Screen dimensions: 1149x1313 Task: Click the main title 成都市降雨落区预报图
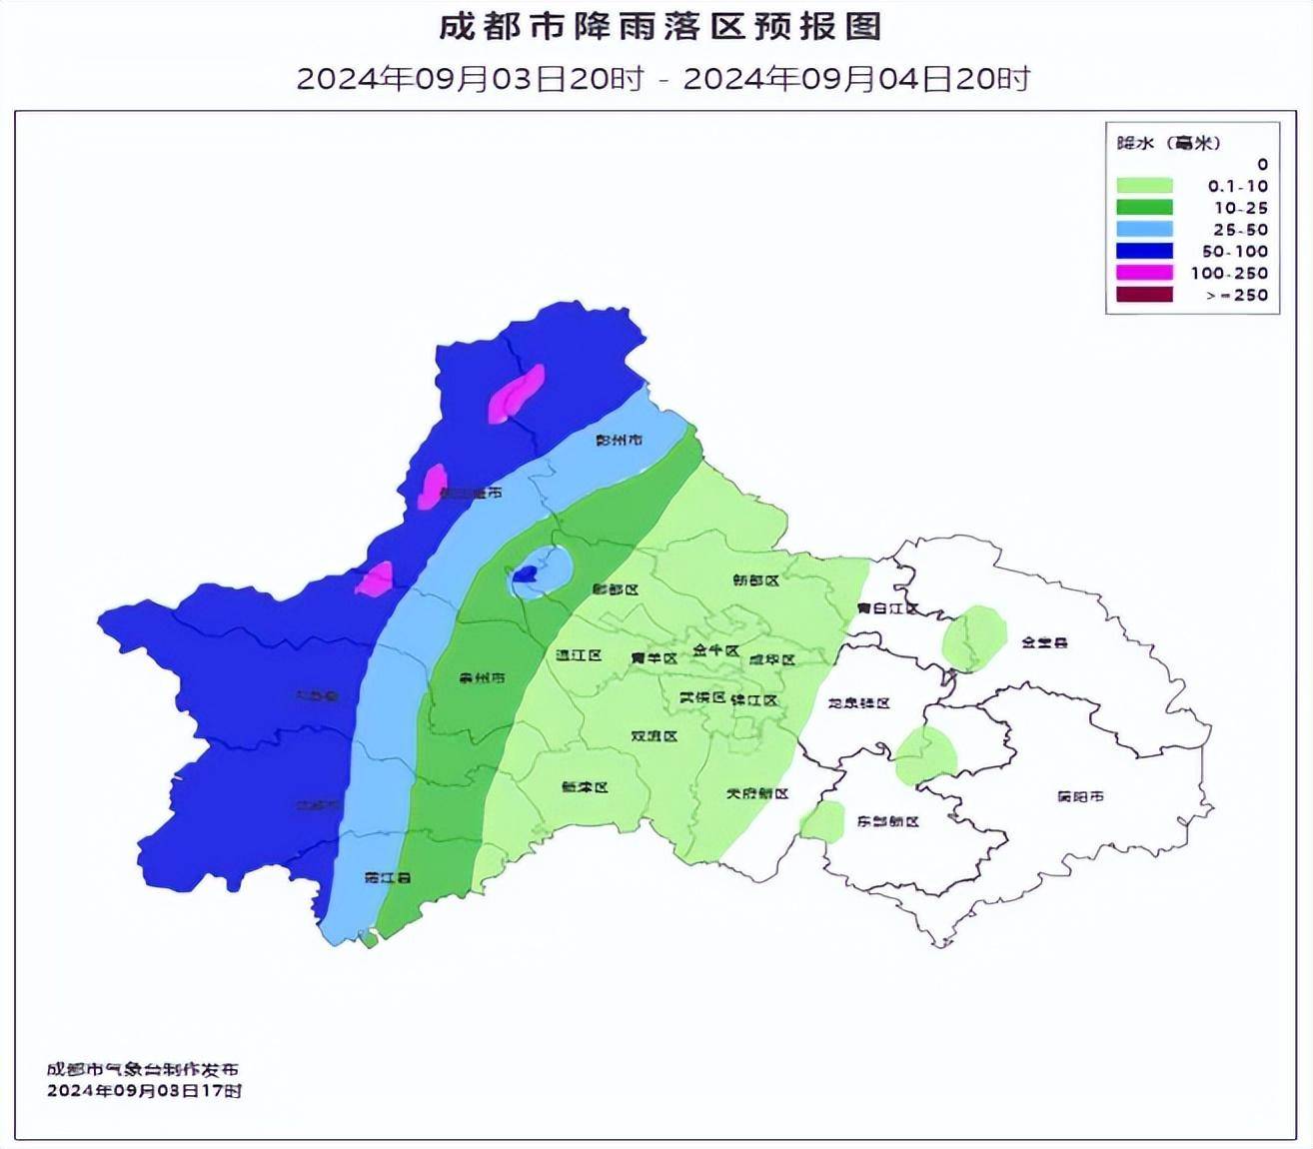[x=660, y=27]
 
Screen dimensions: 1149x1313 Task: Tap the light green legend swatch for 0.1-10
[x=1143, y=186]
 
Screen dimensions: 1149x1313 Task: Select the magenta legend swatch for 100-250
[x=1143, y=273]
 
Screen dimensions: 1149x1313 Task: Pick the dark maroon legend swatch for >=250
[x=1143, y=295]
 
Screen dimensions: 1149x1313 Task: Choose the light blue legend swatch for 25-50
[x=1143, y=230]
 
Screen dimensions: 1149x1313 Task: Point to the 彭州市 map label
[x=619, y=440]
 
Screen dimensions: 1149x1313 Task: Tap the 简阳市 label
[x=1080, y=796]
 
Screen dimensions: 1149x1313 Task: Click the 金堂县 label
[x=1044, y=642]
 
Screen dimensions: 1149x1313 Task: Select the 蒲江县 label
[x=388, y=878]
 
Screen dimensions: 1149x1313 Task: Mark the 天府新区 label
[x=756, y=793]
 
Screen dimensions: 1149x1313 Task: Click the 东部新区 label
[x=887, y=821]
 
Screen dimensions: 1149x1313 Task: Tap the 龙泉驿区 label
[x=858, y=703]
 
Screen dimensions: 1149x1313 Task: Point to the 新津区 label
[x=585, y=786]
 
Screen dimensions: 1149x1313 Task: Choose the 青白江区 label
[x=887, y=607]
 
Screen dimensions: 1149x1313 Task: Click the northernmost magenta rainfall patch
[x=517, y=394]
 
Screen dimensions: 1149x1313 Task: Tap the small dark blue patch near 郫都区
[x=526, y=574]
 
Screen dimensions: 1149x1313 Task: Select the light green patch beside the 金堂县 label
[x=974, y=637]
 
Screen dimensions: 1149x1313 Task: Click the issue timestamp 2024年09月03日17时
[x=144, y=1091]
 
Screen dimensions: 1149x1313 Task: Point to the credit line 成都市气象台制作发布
[x=142, y=1070]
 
